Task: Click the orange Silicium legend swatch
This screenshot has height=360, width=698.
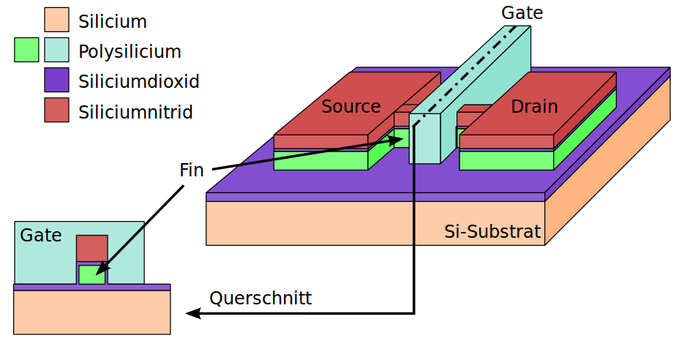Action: pyautogui.click(x=56, y=20)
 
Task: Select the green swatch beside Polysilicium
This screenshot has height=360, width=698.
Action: pyautogui.click(x=26, y=50)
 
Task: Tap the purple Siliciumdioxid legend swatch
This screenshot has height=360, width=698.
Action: pyautogui.click(x=56, y=80)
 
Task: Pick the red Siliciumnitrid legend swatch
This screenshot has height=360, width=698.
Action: pyautogui.click(x=56, y=110)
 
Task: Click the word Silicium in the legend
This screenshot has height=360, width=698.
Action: pyautogui.click(x=113, y=21)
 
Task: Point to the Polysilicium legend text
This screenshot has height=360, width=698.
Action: pyautogui.click(x=130, y=52)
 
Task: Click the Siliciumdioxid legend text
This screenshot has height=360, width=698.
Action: pyautogui.click(x=139, y=81)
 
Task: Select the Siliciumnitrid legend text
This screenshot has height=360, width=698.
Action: pyautogui.click(x=136, y=112)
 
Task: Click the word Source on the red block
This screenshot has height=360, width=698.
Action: pyautogui.click(x=351, y=107)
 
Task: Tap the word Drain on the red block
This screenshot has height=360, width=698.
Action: pyautogui.click(x=534, y=107)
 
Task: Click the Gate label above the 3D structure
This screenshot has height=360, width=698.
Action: pyautogui.click(x=522, y=12)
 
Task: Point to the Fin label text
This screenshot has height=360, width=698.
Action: pyautogui.click(x=192, y=170)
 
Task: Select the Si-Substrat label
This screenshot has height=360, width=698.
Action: pyautogui.click(x=492, y=233)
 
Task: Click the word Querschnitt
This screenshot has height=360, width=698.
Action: pyautogui.click(x=260, y=299)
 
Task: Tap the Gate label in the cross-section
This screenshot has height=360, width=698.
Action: pyautogui.click(x=41, y=236)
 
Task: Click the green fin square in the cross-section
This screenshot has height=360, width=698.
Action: pyautogui.click(x=92, y=274)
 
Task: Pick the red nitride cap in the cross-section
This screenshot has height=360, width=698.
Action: pyautogui.click(x=92, y=249)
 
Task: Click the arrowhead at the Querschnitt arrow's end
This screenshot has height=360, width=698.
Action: pyautogui.click(x=192, y=314)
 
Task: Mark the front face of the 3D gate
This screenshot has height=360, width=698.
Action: pyautogui.click(x=424, y=138)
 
